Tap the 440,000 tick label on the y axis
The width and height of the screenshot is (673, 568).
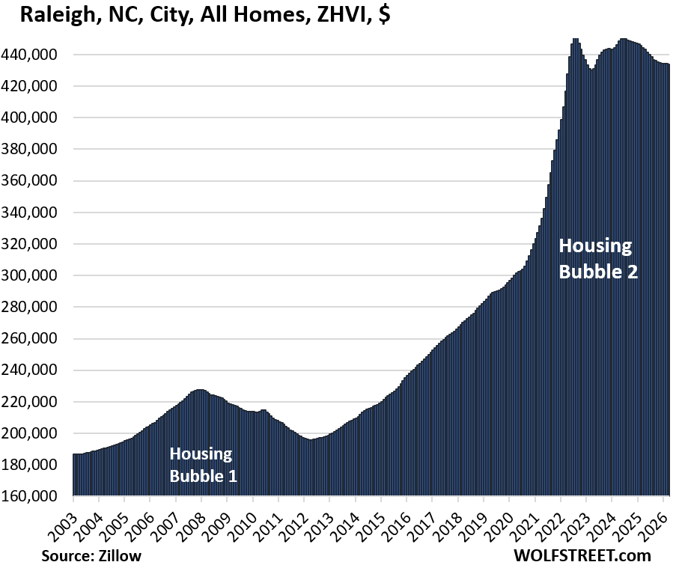[x=34, y=55]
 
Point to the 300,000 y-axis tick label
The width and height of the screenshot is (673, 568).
[x=34, y=275]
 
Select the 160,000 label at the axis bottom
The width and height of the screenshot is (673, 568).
[x=34, y=496]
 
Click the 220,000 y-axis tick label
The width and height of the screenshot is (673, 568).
[x=34, y=402]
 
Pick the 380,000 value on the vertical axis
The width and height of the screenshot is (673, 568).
[x=34, y=150]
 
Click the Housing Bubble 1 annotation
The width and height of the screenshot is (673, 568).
[x=203, y=464]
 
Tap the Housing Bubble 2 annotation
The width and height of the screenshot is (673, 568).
[x=598, y=258]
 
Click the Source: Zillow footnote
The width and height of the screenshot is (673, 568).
[x=91, y=555]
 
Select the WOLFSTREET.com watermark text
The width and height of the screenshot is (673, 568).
[x=582, y=555]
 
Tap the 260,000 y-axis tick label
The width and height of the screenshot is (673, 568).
[x=34, y=338]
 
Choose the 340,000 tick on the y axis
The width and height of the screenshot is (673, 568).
[x=34, y=213]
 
